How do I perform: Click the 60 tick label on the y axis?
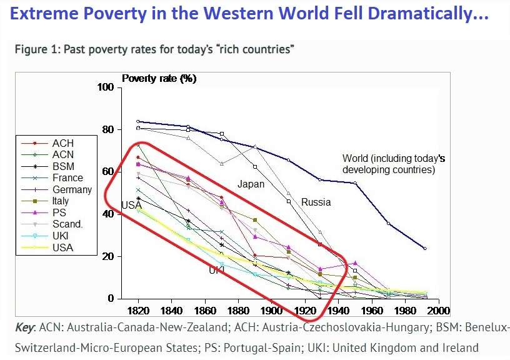point(107,172)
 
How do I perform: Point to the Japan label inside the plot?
point(251,184)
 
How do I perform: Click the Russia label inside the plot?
point(316,202)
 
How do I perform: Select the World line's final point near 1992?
point(425,249)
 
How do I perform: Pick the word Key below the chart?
point(26,328)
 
